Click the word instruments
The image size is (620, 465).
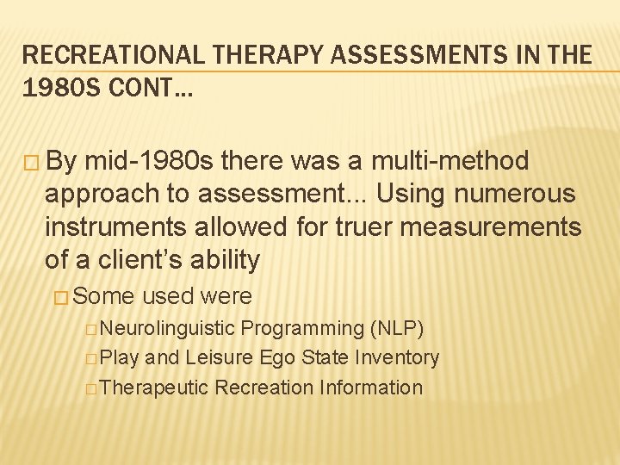point(115,226)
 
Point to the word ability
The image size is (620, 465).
point(223,259)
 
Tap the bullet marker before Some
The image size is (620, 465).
point(62,297)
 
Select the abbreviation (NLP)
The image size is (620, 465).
point(396,328)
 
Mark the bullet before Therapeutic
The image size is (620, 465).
point(91,388)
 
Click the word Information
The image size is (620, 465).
point(371,387)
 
